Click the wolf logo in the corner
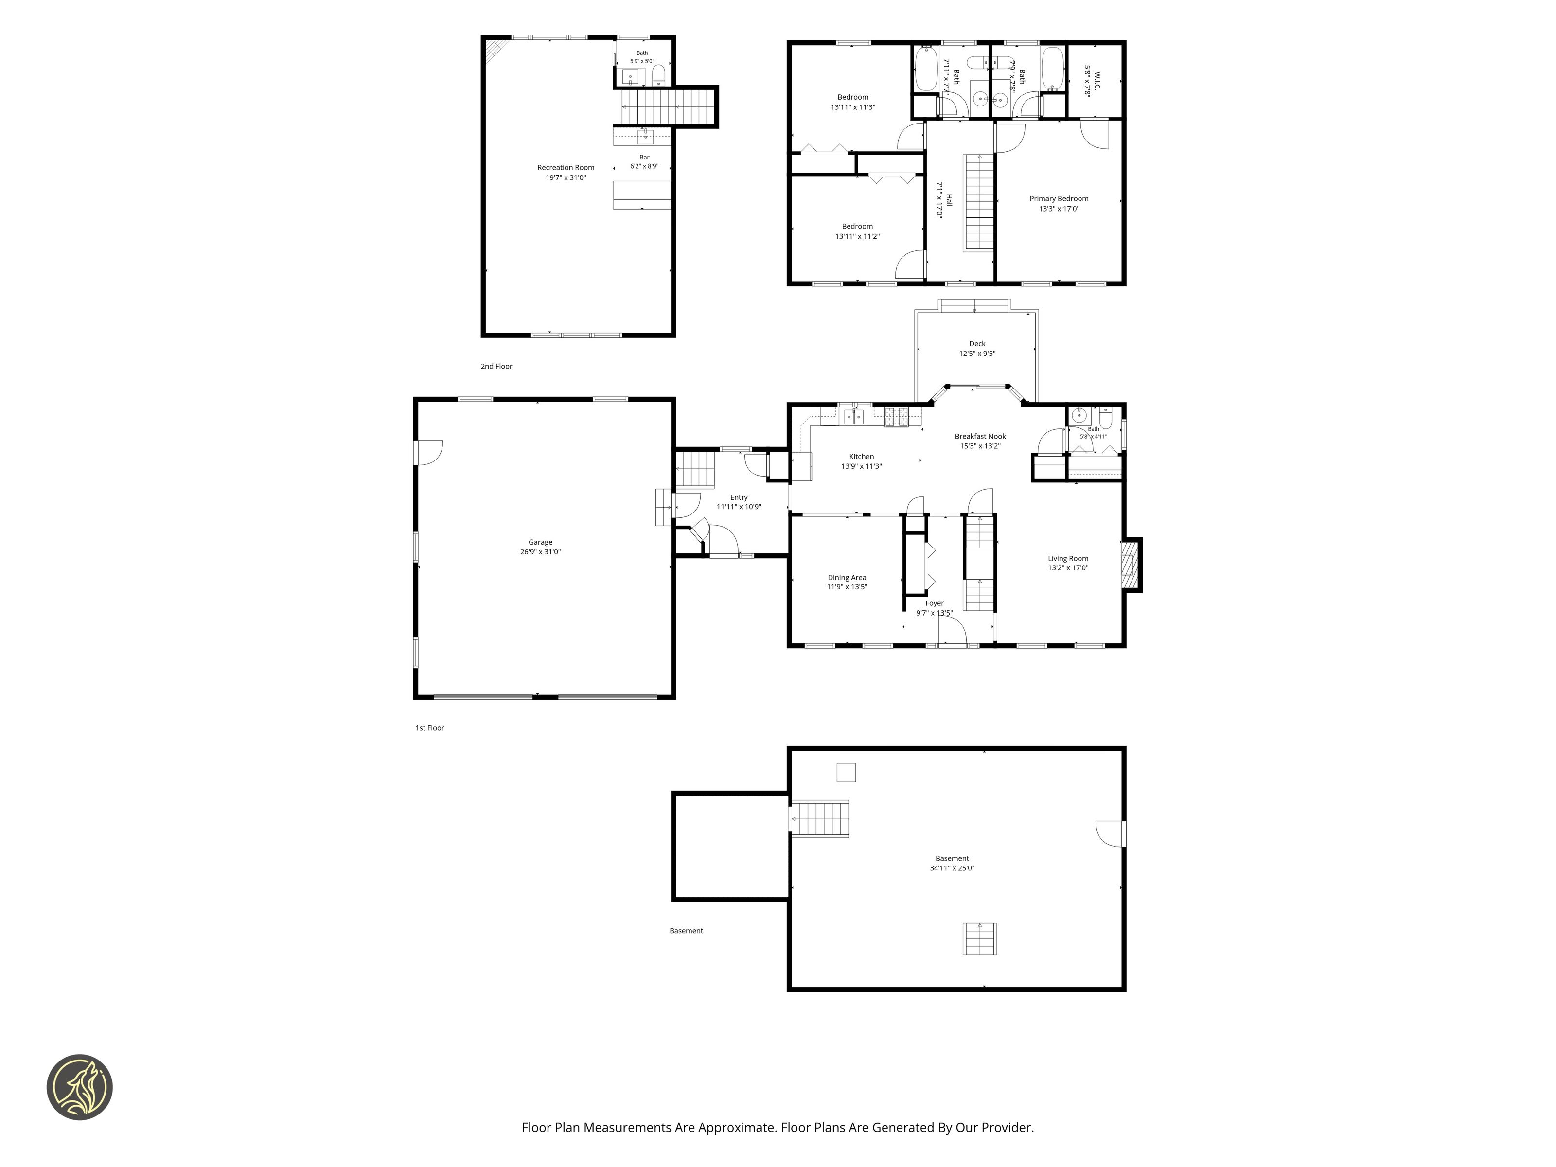coord(79,1087)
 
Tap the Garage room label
coord(540,542)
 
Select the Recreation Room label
coord(566,167)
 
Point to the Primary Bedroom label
coord(1059,198)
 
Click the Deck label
coord(977,344)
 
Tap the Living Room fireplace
coord(1131,565)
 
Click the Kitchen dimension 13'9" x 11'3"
coord(862,466)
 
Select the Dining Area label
coord(847,578)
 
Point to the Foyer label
coord(934,603)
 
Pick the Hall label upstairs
coord(949,200)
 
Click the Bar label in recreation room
coord(644,158)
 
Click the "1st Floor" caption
coord(430,728)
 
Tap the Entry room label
coord(739,497)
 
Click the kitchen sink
coord(854,417)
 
